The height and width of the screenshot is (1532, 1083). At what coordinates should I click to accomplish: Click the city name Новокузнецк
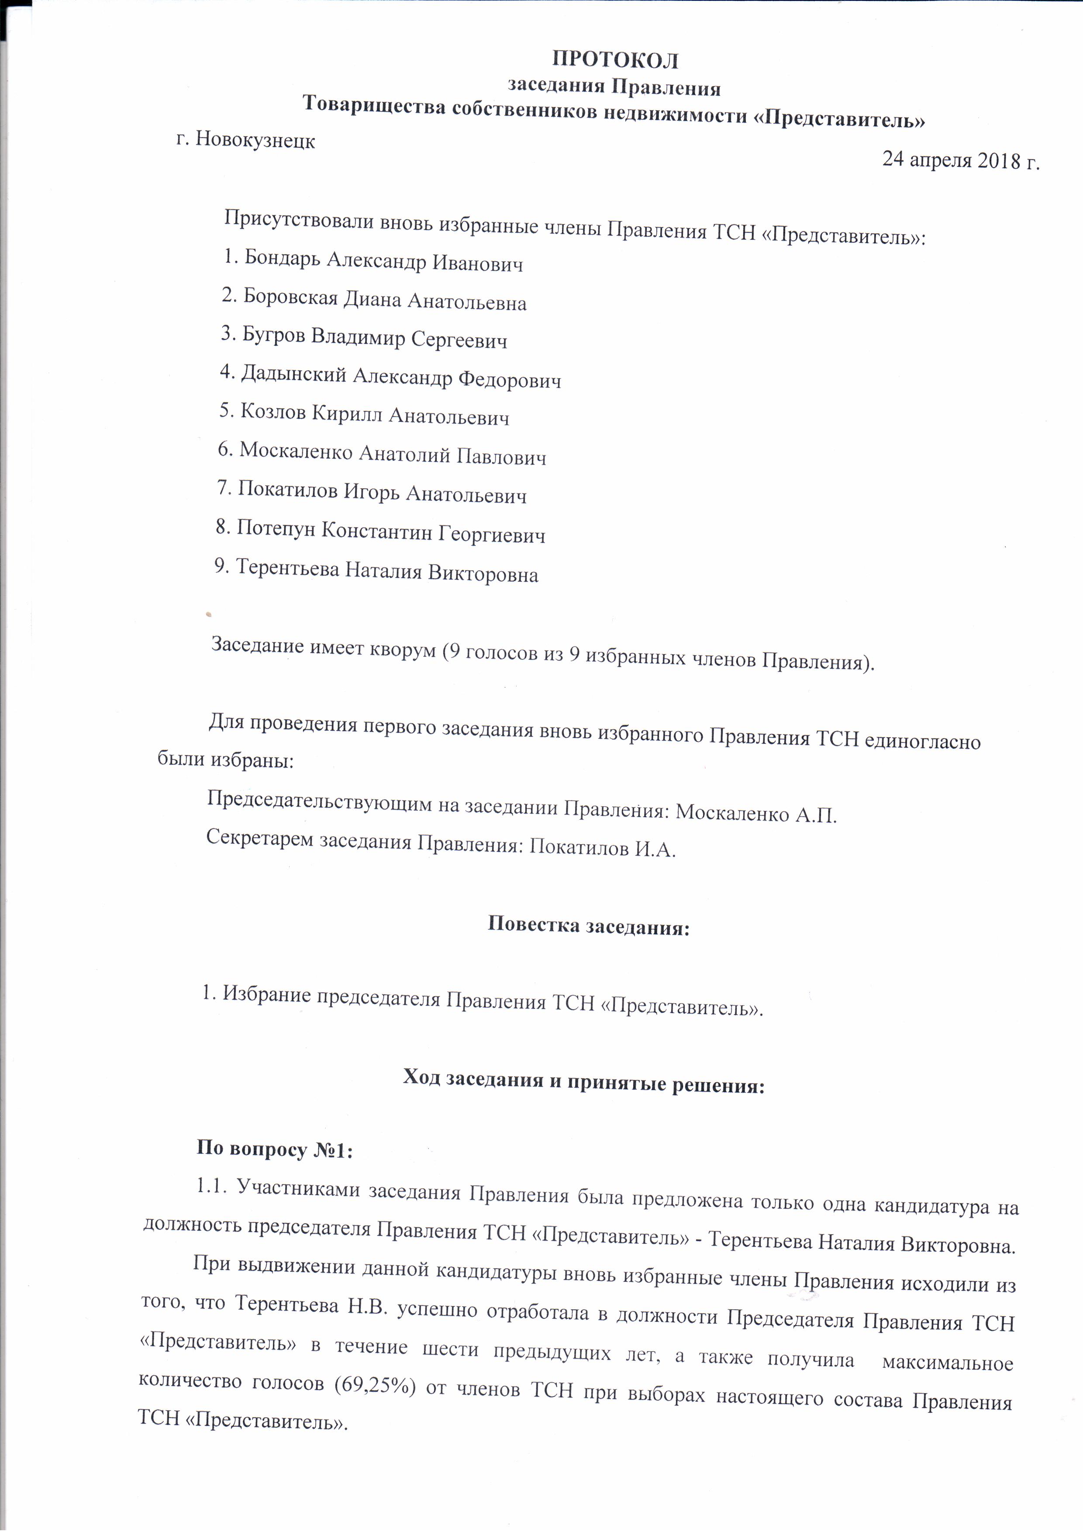255,141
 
